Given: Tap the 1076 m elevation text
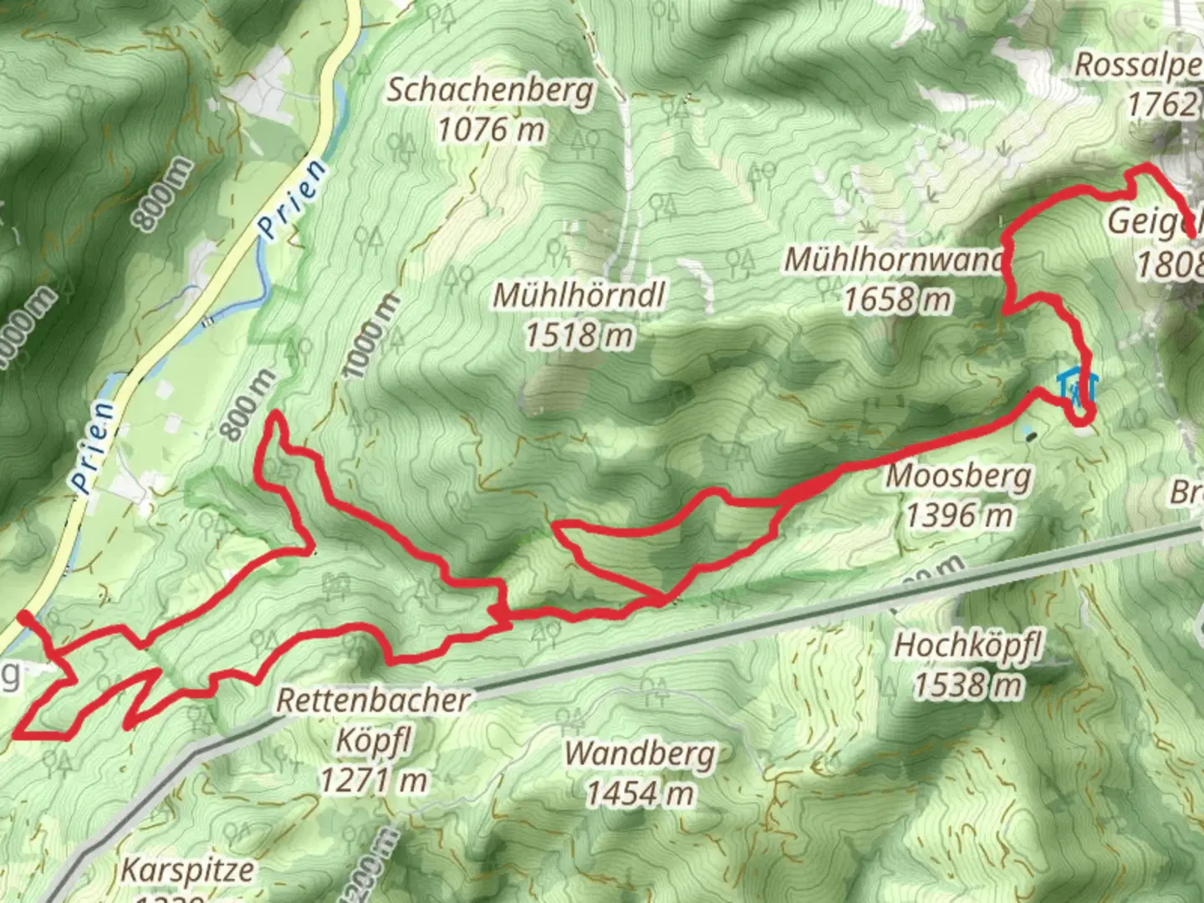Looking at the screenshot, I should pyautogui.click(x=491, y=130).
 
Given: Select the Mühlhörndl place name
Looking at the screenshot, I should pyautogui.click(x=579, y=295).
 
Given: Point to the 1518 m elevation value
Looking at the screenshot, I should pyautogui.click(x=579, y=335).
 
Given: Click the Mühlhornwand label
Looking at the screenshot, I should pyautogui.click(x=893, y=260).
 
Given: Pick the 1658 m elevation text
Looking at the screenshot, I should pyautogui.click(x=897, y=299).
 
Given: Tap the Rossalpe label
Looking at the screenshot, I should pyautogui.click(x=1139, y=65).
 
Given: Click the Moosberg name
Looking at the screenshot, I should pyautogui.click(x=958, y=477).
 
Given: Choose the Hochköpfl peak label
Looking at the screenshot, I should pyautogui.click(x=968, y=646).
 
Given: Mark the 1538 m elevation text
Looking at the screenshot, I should pyautogui.click(x=967, y=686).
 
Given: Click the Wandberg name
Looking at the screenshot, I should pyautogui.click(x=640, y=753).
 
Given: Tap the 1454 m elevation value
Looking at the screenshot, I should pyautogui.click(x=640, y=793).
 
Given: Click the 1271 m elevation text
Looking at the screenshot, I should pyautogui.click(x=374, y=781).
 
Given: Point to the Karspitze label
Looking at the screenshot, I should pyautogui.click(x=187, y=870).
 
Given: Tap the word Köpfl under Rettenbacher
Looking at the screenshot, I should pyautogui.click(x=374, y=741).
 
